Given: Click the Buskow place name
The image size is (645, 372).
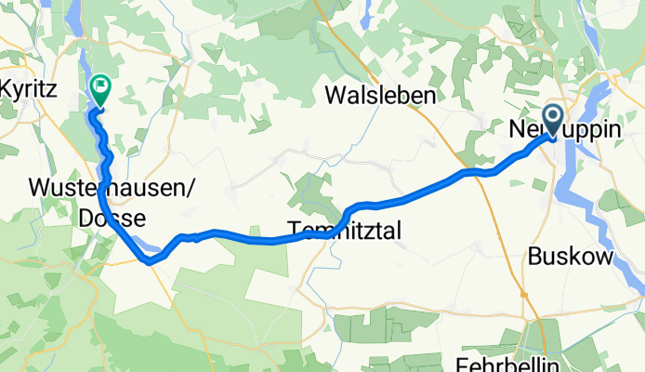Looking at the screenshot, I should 571,258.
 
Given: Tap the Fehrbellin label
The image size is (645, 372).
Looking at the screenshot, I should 504,363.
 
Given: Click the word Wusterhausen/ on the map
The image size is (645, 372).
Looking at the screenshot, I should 112,189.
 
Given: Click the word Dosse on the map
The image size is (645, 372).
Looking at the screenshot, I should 112,219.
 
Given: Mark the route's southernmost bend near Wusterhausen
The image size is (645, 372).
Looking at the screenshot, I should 149,261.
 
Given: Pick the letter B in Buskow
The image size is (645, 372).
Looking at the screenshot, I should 533,258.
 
